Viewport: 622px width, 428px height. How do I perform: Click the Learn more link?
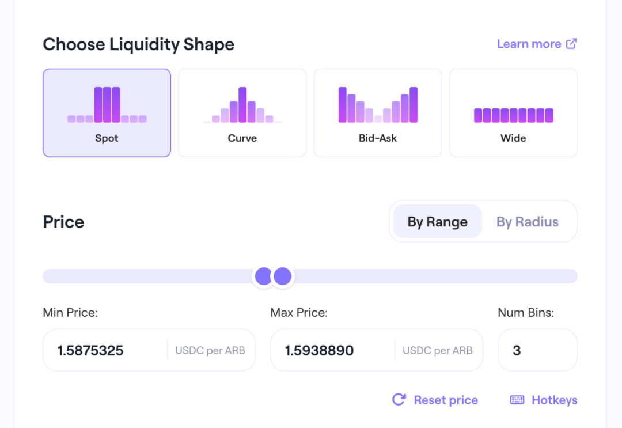(529, 44)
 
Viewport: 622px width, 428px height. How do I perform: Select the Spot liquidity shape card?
(107, 113)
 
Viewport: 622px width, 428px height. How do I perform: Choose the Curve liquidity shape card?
(242, 113)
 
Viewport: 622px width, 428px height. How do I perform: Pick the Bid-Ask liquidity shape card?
(378, 113)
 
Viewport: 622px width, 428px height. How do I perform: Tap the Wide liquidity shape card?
(513, 113)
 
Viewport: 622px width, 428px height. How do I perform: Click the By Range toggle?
(437, 222)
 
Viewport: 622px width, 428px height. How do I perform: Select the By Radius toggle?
(528, 222)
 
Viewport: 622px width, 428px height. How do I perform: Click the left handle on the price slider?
(264, 277)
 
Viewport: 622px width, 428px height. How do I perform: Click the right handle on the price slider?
(283, 277)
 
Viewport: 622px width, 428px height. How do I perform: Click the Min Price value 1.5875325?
(90, 350)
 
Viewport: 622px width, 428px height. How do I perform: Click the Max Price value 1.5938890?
(319, 350)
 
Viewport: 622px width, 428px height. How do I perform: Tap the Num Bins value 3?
(517, 350)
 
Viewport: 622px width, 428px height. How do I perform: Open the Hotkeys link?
(554, 400)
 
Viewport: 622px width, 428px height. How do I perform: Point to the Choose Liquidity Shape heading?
(138, 44)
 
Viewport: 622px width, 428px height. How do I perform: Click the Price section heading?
(63, 222)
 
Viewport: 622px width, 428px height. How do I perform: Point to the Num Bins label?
(525, 313)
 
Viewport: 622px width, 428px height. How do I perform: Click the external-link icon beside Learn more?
(571, 44)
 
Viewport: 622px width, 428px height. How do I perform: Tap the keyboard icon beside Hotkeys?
(517, 400)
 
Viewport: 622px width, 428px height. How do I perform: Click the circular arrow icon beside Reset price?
(399, 400)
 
